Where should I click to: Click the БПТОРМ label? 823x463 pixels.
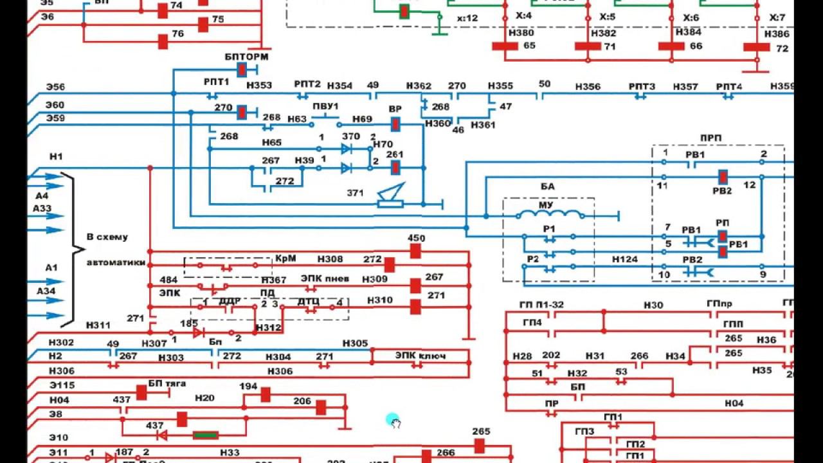[246, 57]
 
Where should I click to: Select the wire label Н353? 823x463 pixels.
[258, 86]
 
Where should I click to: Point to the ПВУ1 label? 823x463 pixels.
[325, 106]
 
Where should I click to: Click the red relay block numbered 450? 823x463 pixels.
[415, 251]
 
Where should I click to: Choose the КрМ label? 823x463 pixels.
[285, 258]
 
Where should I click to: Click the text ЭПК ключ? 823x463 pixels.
[420, 356]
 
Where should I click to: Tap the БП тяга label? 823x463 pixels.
[167, 383]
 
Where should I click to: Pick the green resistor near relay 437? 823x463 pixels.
[206, 435]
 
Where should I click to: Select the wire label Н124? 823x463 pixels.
[624, 259]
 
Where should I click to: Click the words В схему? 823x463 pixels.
[107, 237]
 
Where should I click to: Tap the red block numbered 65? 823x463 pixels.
[505, 46]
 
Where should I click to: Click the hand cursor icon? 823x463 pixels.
[394, 422]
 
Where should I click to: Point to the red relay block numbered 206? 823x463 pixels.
[320, 407]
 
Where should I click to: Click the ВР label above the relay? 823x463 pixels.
[395, 109]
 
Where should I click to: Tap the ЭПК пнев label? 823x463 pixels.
[325, 278]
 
